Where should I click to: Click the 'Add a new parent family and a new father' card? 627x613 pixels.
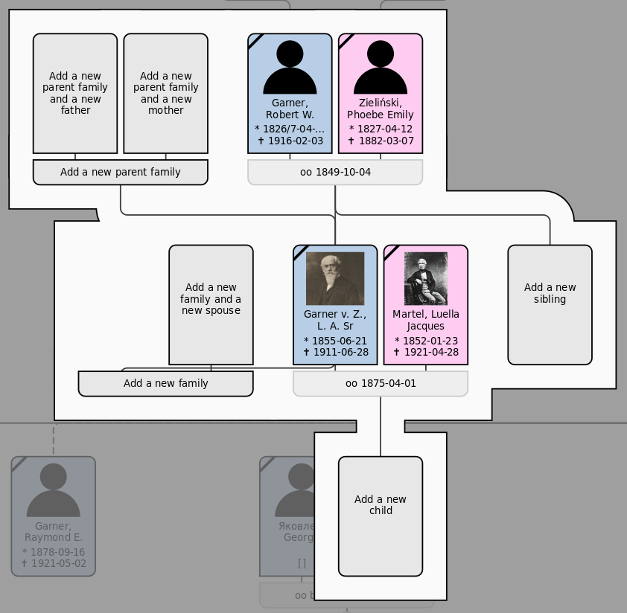[75, 93]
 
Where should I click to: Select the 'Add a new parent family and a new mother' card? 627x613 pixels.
[165, 93]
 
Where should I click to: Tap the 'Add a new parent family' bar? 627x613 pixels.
[120, 172]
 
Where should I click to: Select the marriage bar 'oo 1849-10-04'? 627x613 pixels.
[335, 172]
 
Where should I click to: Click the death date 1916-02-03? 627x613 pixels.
[290, 141]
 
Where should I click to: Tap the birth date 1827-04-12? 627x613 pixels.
[381, 129]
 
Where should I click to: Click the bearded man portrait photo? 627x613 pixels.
[335, 278]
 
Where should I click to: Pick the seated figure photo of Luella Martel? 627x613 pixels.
[426, 278]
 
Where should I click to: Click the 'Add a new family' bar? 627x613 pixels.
[165, 383]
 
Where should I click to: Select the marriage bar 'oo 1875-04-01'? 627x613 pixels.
[381, 383]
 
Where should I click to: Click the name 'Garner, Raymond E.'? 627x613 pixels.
[54, 532]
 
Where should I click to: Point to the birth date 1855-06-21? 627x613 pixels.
[335, 341]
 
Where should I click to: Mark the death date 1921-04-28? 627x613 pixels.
[426, 352]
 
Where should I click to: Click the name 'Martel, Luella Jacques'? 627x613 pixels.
[426, 320]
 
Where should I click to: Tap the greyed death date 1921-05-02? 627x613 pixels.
[54, 563]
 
